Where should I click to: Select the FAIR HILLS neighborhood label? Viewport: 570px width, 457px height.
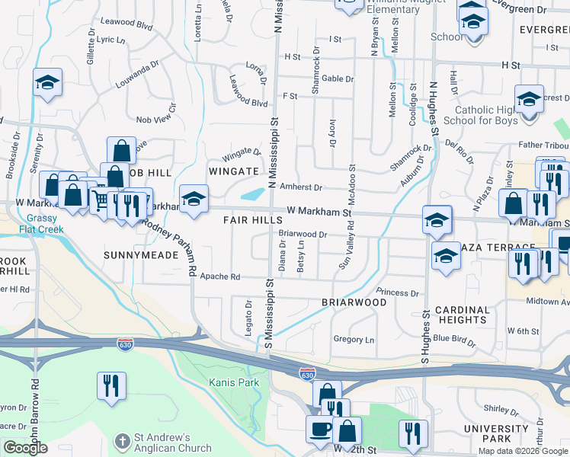tap(253, 219)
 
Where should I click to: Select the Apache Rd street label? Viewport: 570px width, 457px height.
tap(220, 277)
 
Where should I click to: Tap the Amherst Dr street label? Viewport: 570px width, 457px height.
tap(302, 187)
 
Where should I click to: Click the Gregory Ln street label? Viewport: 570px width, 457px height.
tap(354, 340)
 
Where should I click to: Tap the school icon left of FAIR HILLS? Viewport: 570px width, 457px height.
tap(194, 200)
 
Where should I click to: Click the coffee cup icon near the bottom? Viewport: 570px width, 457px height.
tap(320, 428)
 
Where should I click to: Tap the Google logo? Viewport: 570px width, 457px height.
tap(26, 448)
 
